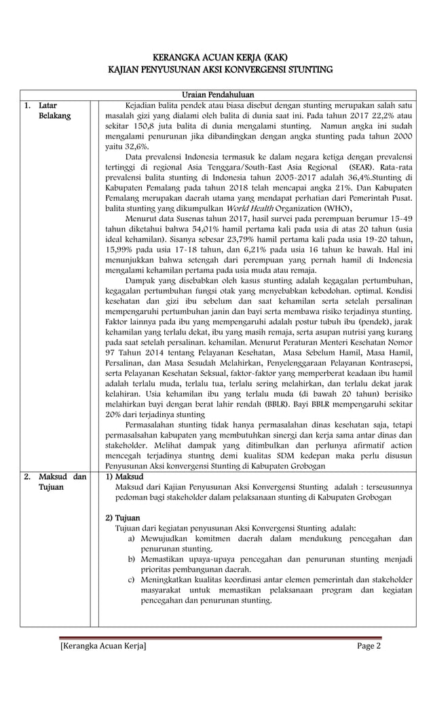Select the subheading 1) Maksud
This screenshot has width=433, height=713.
123,477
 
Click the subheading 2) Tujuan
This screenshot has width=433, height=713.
122,517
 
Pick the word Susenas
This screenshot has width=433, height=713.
193,218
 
